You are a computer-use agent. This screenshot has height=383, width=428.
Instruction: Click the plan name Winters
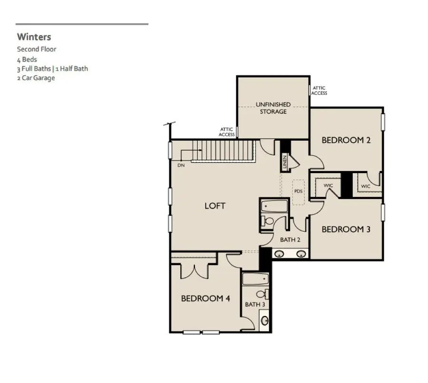point(34,37)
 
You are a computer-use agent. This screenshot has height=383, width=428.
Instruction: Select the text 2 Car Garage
point(36,78)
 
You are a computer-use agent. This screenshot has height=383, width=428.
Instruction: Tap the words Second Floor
point(37,49)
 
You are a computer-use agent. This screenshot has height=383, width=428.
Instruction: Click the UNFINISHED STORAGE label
point(273,108)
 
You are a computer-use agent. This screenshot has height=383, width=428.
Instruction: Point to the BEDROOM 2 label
point(346,140)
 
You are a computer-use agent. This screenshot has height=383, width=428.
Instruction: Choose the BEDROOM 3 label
point(346,229)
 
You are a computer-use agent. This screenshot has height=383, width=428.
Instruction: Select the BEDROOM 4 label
point(205,298)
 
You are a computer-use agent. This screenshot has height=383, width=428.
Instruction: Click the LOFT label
point(215,206)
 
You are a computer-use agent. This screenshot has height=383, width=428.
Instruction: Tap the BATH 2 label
point(290,240)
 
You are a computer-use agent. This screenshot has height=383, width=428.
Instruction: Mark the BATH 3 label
point(255,304)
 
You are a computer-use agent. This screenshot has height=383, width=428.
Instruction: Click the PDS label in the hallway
point(298,191)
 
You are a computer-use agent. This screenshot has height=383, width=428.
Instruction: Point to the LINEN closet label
point(285,163)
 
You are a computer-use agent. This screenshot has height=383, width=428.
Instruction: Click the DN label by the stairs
point(181,165)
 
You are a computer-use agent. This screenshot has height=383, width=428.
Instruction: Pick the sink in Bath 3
point(264,320)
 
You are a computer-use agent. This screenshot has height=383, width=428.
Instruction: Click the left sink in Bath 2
point(280,254)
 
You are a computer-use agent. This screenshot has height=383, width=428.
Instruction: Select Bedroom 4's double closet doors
point(195,270)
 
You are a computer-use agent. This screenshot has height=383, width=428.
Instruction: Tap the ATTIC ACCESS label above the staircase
point(227,132)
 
